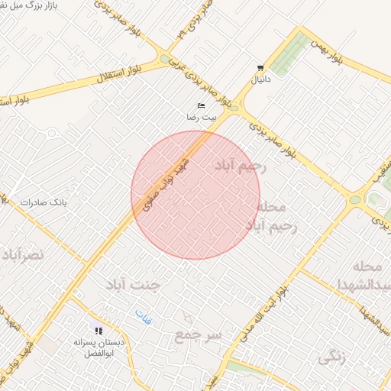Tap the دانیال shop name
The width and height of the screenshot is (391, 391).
pyautogui.click(x=262, y=79)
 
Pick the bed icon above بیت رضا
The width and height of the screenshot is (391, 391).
pyautogui.click(x=202, y=105)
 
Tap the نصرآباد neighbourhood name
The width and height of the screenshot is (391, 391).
pyautogui.click(x=23, y=254)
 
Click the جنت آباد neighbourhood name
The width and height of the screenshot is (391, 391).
pyautogui.click(x=134, y=286)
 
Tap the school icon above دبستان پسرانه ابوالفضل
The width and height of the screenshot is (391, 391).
pyautogui.click(x=99, y=331)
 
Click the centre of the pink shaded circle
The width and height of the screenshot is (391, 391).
pyautogui.click(x=195, y=195)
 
